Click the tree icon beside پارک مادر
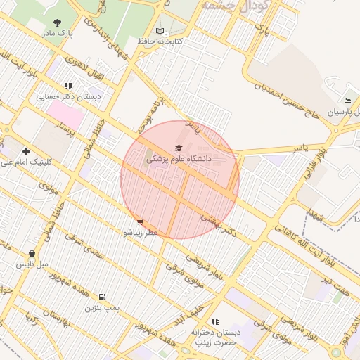tap(56, 22)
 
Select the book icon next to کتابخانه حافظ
tap(160, 32)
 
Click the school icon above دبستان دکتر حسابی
tap(68, 86)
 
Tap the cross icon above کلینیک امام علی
tap(26, 150)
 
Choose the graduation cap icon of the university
tap(179, 148)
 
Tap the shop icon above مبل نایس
tap(32, 254)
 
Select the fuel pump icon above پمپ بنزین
tap(103, 297)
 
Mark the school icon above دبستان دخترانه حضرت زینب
tap(214, 321)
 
